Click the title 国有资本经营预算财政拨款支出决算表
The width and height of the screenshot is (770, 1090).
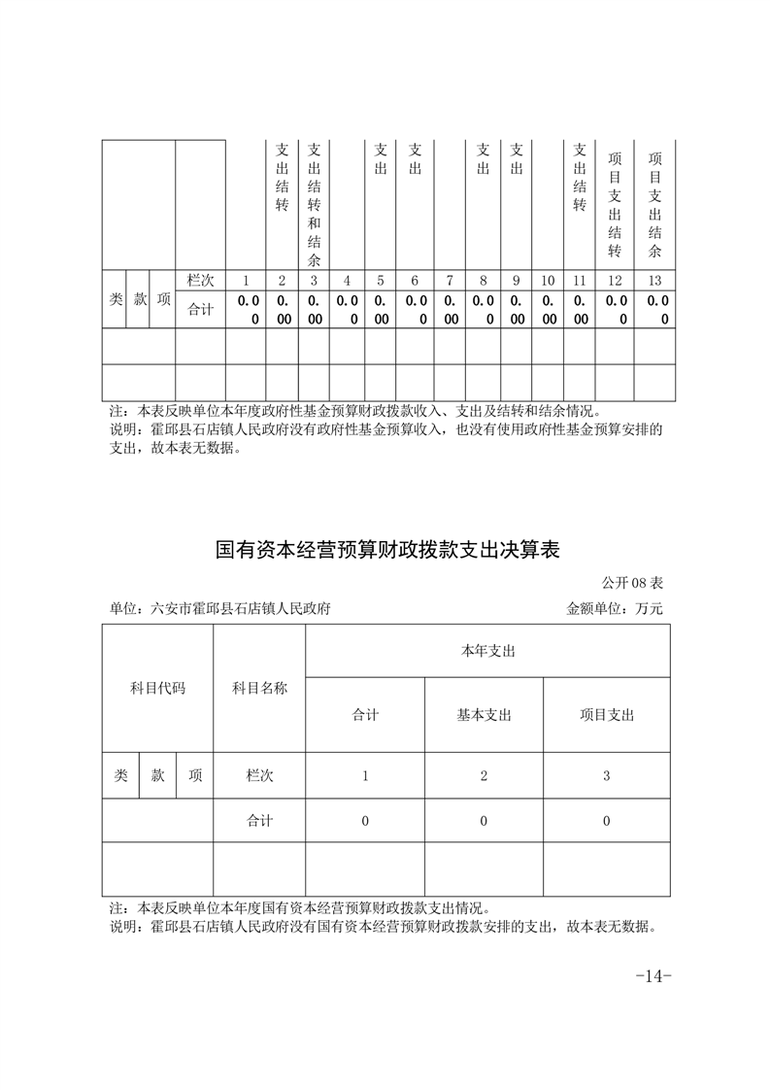(387, 551)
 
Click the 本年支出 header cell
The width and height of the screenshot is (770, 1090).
(487, 651)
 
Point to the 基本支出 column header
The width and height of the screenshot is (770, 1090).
(484, 715)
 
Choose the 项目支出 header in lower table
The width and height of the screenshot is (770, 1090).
(606, 715)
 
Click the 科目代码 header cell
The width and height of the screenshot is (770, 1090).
(157, 688)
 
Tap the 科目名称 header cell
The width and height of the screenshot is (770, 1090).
(259, 688)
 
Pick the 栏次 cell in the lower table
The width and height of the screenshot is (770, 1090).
(259, 776)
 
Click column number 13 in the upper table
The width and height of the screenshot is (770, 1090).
(655, 281)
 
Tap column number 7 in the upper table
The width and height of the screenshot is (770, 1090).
(450, 281)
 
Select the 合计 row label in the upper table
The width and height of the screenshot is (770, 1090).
(200, 310)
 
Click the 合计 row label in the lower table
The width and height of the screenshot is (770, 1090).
(259, 821)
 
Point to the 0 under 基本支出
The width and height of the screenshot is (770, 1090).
(484, 821)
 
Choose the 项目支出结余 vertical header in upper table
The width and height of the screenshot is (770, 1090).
(655, 205)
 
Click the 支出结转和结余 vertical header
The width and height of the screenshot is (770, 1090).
(314, 205)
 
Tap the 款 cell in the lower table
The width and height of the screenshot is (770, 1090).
(157, 776)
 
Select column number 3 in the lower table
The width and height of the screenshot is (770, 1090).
(606, 776)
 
